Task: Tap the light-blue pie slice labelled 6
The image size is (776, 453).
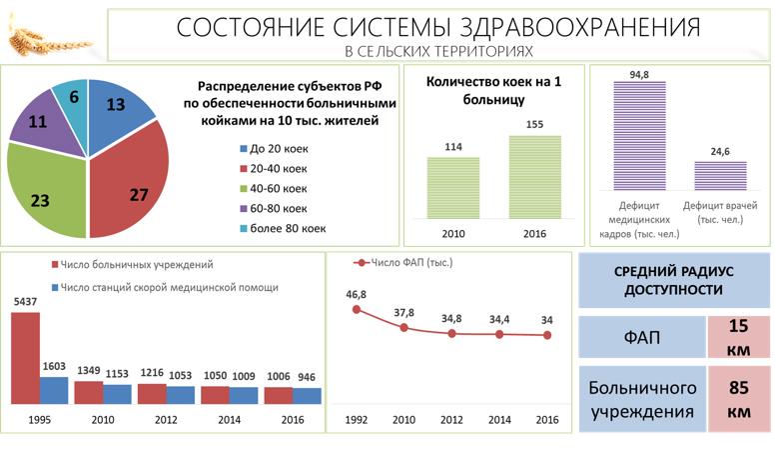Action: coord(72,98)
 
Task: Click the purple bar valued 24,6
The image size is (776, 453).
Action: coord(719,175)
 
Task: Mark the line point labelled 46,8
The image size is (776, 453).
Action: coord(357,310)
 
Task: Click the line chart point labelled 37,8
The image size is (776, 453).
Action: coord(404,327)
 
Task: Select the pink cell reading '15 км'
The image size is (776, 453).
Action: coord(739,336)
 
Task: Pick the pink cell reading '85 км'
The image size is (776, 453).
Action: coord(739,399)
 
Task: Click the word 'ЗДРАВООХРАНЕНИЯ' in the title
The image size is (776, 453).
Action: coord(572,27)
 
